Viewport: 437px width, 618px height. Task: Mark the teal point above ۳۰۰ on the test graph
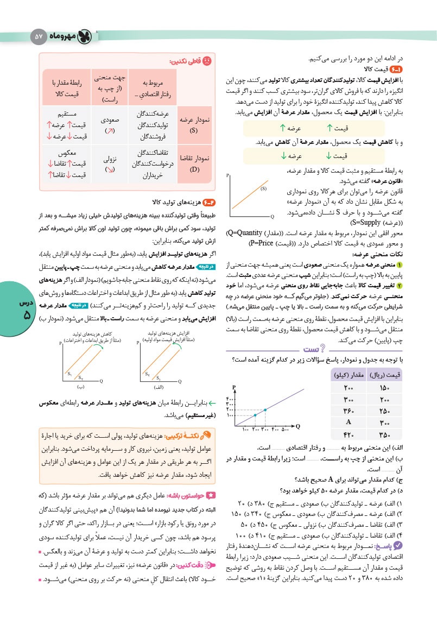265,409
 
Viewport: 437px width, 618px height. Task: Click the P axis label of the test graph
233,387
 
